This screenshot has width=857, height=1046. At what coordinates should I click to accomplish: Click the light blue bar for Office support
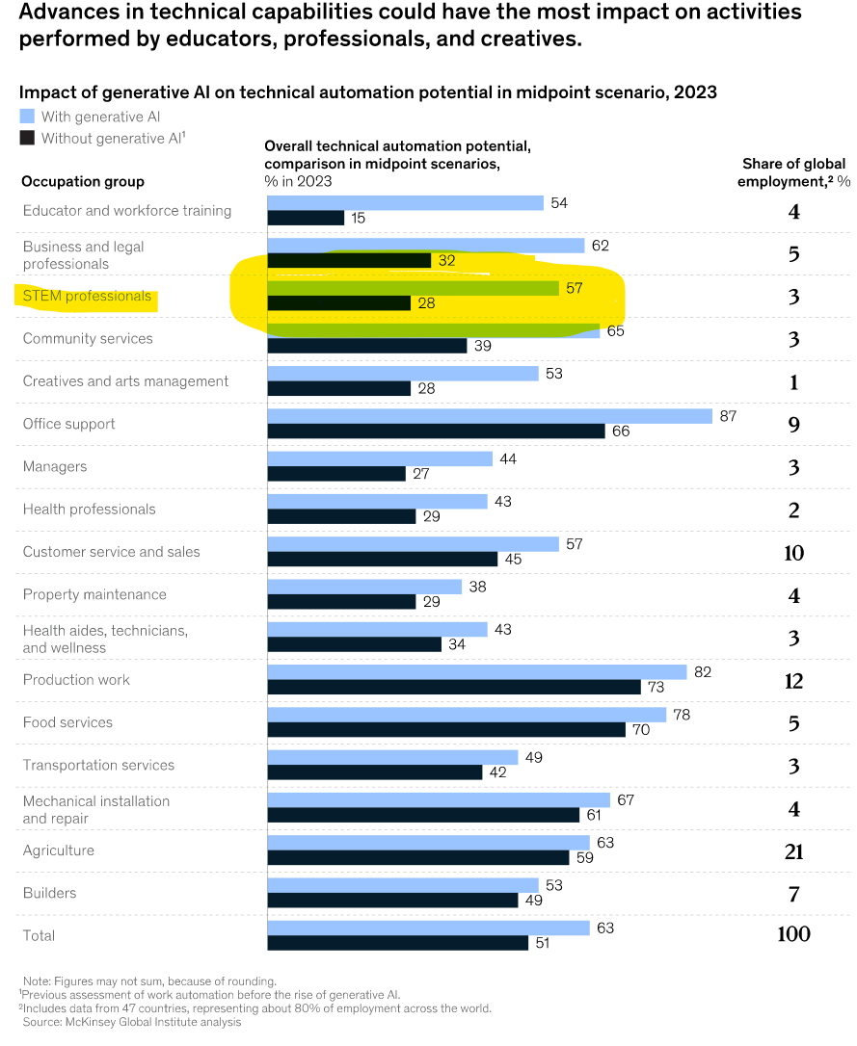490,416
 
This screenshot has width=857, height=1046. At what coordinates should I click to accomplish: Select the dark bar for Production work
454,687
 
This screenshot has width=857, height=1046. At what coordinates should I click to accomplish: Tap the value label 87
729,416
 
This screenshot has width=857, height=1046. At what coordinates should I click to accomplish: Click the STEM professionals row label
87,297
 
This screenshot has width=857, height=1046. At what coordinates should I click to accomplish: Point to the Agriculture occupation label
59,850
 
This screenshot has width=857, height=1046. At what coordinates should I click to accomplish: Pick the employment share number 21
793,850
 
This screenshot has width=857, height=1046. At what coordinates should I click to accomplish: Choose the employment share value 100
793,934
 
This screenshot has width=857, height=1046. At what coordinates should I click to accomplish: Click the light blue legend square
28,117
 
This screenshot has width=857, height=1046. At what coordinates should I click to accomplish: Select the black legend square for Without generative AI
28,138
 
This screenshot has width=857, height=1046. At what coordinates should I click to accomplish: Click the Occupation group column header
83,181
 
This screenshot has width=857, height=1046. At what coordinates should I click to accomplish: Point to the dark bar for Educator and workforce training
306,218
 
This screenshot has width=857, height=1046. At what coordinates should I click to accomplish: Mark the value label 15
358,219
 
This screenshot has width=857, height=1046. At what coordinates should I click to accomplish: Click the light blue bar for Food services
467,715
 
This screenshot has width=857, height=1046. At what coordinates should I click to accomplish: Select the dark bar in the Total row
397,943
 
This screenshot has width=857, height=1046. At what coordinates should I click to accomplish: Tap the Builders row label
50,893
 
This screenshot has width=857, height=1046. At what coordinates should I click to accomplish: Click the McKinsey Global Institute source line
132,1022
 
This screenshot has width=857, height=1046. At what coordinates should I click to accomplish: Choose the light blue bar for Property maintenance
364,587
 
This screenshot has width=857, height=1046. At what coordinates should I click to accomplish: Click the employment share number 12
793,681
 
